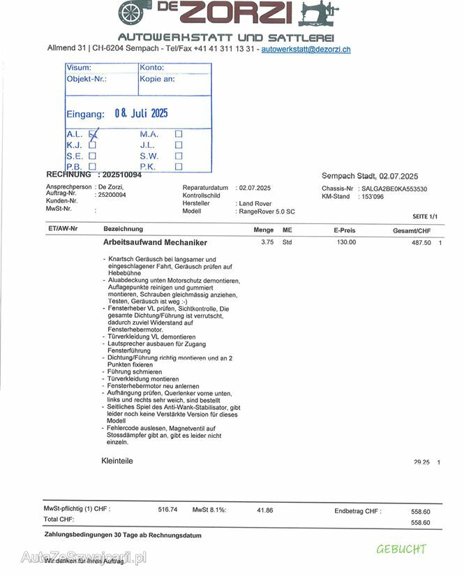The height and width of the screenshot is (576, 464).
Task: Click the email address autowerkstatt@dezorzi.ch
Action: (306, 49)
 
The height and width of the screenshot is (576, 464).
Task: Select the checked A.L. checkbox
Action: (93, 134)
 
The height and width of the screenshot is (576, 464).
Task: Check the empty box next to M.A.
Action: (179, 134)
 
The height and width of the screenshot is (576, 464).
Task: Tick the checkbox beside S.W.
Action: (179, 156)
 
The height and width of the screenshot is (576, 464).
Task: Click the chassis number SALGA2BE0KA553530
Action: (394, 189)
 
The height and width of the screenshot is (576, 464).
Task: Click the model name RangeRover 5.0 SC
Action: (267, 211)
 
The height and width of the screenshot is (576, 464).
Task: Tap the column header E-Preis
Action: (344, 230)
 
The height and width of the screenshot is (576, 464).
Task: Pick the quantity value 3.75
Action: (267, 242)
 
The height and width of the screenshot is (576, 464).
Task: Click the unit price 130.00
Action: (346, 242)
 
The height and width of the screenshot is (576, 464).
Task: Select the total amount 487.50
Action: (421, 243)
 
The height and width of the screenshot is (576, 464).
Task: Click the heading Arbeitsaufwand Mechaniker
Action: (155, 243)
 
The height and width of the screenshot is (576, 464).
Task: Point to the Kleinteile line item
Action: (117, 461)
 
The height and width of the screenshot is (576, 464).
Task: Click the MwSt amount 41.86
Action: (264, 510)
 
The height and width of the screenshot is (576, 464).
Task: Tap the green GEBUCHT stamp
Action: (401, 549)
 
